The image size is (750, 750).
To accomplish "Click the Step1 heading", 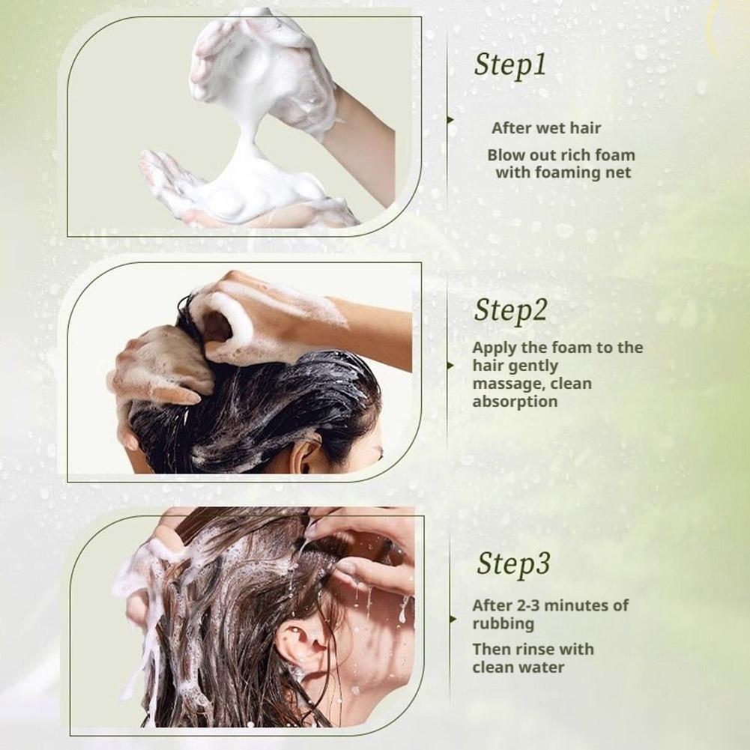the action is click(510, 65).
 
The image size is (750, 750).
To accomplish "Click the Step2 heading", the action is click(510, 311).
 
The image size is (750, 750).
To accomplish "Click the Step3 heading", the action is click(513, 564).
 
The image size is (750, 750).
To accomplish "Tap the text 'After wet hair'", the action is click(545, 128).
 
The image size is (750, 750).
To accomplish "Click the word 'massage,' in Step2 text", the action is click(509, 384).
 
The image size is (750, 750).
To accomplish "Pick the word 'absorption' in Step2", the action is click(515, 402).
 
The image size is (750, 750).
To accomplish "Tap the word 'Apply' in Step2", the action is click(494, 348).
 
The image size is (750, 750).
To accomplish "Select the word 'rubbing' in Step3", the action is click(503, 623).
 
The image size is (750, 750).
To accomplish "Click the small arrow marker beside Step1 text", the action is click(450, 120).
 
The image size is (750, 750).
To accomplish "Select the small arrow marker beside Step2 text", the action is click(450, 366).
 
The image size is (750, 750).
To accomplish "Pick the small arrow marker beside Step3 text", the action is click(453, 620).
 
